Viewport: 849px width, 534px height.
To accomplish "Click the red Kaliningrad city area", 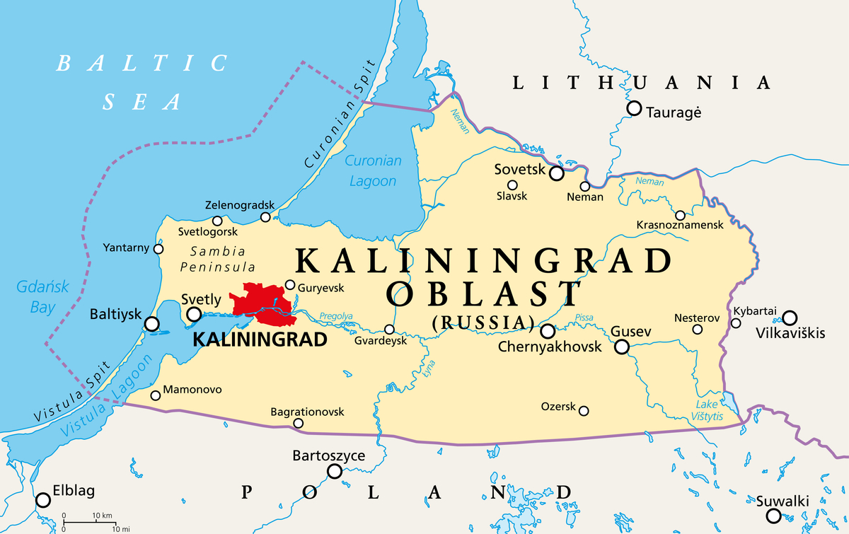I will [260, 301].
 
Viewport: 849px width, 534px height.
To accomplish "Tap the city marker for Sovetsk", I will [557, 173].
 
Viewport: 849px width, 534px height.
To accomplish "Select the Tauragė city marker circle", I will [634, 108].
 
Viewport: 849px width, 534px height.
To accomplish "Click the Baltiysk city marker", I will [151, 324].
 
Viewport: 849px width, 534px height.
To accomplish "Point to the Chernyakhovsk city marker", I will [548, 331].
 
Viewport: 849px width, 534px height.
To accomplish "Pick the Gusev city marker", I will [621, 347].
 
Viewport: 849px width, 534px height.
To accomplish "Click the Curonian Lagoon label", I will [373, 170].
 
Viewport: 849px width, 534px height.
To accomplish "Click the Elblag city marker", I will [43, 500].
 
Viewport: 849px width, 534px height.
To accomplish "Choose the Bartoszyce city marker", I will [334, 471].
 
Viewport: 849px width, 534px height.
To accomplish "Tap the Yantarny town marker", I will [158, 248].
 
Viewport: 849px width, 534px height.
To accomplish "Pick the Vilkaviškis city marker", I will [789, 318].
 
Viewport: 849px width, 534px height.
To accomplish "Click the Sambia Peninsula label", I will [218, 259].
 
